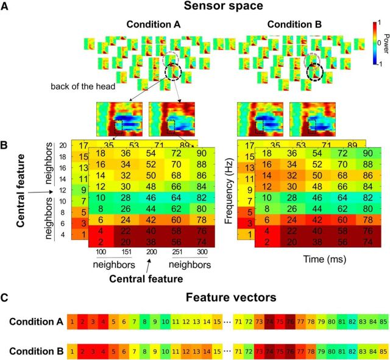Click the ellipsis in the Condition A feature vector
click(x=227, y=321)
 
